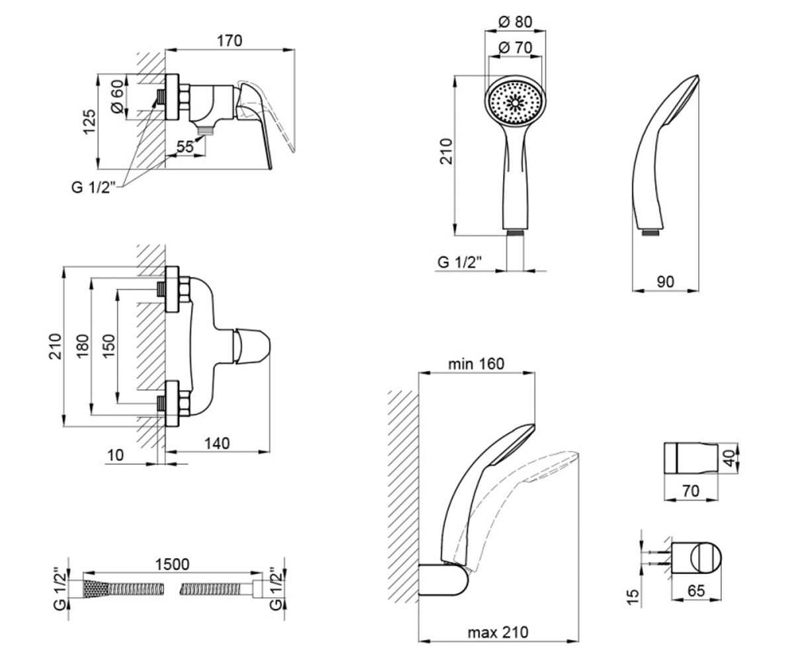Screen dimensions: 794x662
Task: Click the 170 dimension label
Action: tap(230, 40)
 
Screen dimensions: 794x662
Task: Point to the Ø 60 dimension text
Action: tap(118, 97)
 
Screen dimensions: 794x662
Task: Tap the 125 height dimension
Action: tap(89, 122)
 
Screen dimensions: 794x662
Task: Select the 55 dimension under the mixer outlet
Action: tap(185, 146)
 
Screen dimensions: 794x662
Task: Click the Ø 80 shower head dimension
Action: tap(515, 22)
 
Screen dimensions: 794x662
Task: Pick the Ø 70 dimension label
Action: tap(515, 48)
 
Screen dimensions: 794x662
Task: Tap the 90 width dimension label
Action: tap(665, 282)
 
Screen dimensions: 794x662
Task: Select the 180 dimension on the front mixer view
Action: tap(83, 346)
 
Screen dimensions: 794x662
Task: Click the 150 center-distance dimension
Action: tap(109, 346)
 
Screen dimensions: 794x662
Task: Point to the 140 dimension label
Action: tap(217, 444)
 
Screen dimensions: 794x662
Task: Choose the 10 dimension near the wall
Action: tap(116, 455)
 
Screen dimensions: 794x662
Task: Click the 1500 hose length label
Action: tap(172, 565)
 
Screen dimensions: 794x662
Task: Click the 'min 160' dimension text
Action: tap(476, 364)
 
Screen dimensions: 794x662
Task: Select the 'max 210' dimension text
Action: tap(498, 633)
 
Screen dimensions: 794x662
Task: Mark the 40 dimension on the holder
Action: tap(730, 458)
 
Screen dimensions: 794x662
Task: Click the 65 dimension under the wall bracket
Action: tap(696, 591)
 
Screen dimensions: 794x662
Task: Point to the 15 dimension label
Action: tap(633, 597)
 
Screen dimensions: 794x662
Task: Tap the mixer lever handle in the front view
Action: tap(251, 346)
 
